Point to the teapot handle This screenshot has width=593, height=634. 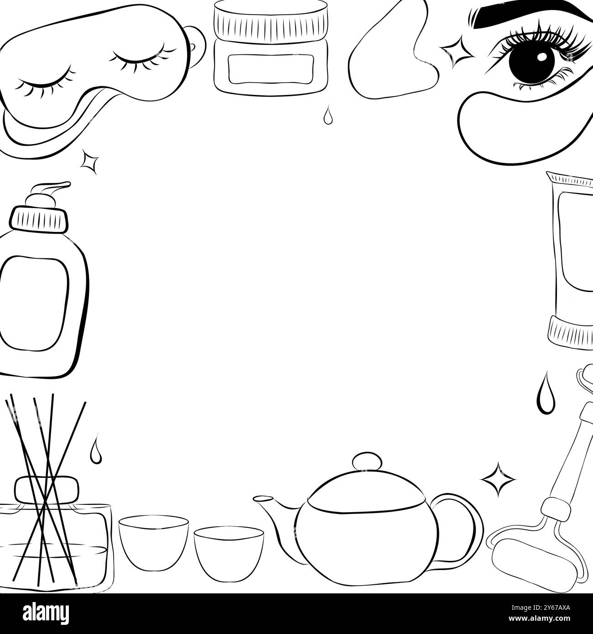(461, 521)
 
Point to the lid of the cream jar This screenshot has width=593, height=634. (270, 20)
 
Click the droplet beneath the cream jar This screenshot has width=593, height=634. (327, 115)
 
